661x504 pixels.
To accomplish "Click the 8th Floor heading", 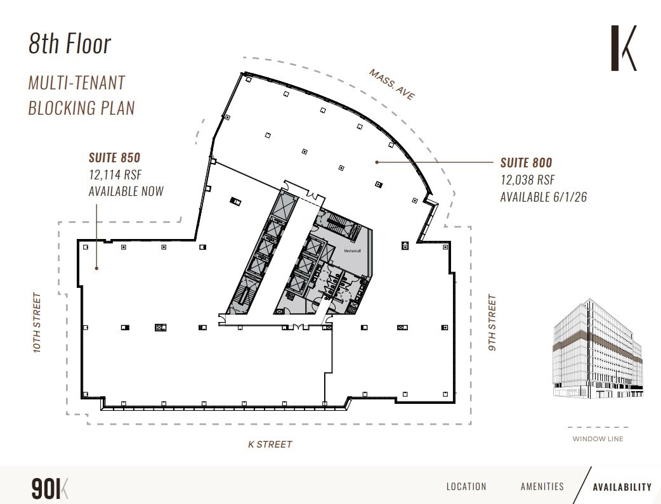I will [70, 44].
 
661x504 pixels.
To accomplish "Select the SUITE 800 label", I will [526, 162].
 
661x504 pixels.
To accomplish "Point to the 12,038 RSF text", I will [527, 179].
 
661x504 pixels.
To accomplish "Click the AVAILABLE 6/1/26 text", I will [543, 197].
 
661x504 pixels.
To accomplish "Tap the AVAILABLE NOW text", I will [126, 191].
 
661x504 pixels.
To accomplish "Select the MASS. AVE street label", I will [392, 84].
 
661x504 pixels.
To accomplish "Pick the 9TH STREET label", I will [492, 322].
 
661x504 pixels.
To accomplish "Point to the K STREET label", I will [270, 444].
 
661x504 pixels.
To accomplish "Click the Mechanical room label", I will [352, 251].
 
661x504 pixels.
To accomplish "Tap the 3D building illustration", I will [597, 349].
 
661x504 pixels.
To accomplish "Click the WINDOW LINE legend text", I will [598, 439].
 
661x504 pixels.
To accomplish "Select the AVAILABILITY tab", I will [622, 487].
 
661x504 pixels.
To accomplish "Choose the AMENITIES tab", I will [542, 486].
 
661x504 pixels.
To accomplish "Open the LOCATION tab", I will [466, 486].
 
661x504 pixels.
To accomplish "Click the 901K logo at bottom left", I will [49, 488].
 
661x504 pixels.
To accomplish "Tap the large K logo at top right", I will [623, 48].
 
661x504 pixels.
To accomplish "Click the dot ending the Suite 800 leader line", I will [377, 162].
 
